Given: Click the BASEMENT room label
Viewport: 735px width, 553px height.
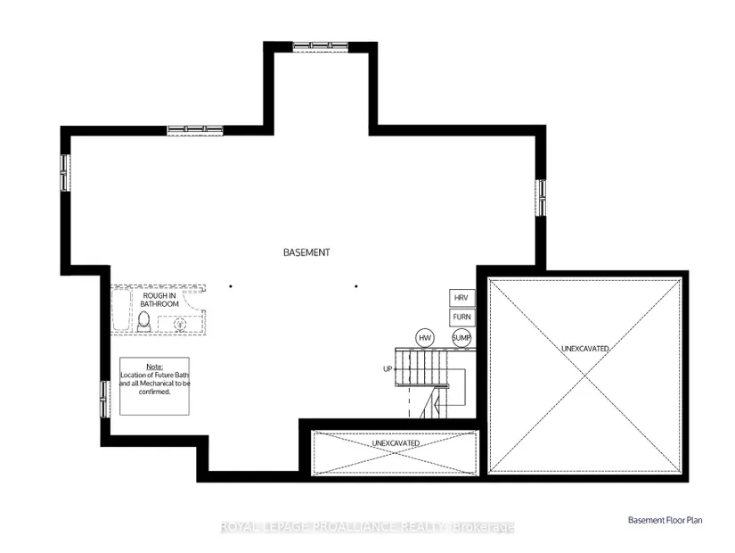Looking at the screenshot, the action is click(x=306, y=252).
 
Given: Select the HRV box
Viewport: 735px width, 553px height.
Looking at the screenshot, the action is click(x=461, y=298).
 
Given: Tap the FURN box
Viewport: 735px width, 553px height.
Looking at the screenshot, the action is click(x=461, y=318).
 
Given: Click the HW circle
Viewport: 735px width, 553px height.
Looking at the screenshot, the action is click(x=425, y=337).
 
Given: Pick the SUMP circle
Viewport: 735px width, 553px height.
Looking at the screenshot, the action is click(x=461, y=337).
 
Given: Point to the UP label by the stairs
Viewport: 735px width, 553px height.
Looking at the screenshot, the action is click(x=388, y=369).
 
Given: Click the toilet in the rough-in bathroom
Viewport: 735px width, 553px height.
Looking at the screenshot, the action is click(x=144, y=321).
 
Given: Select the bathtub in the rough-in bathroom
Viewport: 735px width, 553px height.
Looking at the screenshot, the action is click(x=121, y=310).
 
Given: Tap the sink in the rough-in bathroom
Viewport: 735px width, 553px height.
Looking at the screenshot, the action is click(x=181, y=324).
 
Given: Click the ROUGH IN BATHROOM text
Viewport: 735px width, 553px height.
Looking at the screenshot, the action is click(x=159, y=300).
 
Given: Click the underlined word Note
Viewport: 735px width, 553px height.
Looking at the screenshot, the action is click(x=155, y=367).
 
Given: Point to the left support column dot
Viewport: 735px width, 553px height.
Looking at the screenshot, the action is click(x=231, y=286).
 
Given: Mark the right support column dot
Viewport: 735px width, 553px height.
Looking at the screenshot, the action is click(x=356, y=286).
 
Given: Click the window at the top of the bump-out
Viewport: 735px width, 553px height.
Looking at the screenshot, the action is click(x=321, y=46).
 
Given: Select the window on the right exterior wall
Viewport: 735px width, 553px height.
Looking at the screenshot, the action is click(x=541, y=198).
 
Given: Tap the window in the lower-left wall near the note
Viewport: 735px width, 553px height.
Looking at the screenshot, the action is click(x=105, y=399).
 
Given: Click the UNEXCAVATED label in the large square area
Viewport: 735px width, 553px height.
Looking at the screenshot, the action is click(x=585, y=349).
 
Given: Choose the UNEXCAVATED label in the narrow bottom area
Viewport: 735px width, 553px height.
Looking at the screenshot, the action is click(x=396, y=443).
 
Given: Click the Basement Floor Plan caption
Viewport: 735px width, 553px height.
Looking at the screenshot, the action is click(x=666, y=520).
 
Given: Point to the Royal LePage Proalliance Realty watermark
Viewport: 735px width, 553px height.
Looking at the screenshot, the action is click(x=367, y=527).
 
